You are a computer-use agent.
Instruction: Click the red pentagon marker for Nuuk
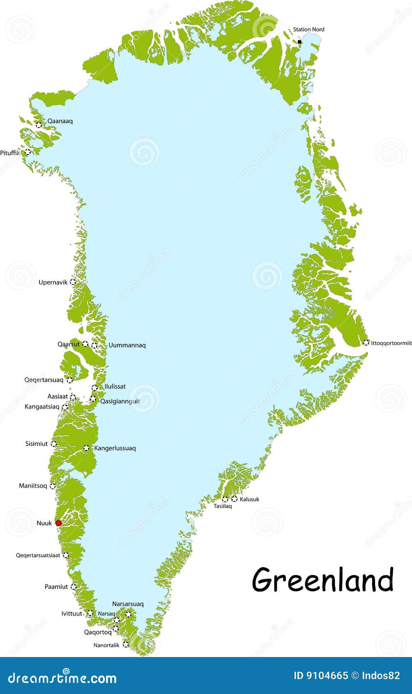click(58, 523)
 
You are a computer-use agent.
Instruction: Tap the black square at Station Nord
click(299, 41)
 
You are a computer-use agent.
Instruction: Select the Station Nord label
click(308, 29)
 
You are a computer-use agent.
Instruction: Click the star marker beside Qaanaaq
click(39, 124)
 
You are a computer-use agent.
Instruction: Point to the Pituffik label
click(10, 153)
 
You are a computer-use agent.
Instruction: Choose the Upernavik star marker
click(73, 282)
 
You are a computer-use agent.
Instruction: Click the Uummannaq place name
click(127, 345)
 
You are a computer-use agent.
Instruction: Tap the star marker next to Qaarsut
click(85, 344)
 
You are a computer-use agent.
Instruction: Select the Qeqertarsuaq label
click(44, 380)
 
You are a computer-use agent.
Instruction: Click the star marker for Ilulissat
click(94, 387)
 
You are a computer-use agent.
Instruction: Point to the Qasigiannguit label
click(120, 401)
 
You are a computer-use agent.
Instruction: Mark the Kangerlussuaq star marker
click(86, 448)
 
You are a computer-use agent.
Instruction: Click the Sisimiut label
click(37, 444)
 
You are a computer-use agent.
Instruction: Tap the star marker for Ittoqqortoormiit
click(366, 342)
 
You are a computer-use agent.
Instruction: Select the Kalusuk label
click(249, 499)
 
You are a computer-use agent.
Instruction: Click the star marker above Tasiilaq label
click(225, 499)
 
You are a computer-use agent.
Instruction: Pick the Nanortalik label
click(106, 645)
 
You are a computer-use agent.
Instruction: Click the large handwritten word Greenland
click(322, 580)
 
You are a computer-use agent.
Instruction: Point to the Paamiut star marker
click(74, 586)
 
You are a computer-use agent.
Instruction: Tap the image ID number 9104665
click(327, 676)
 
